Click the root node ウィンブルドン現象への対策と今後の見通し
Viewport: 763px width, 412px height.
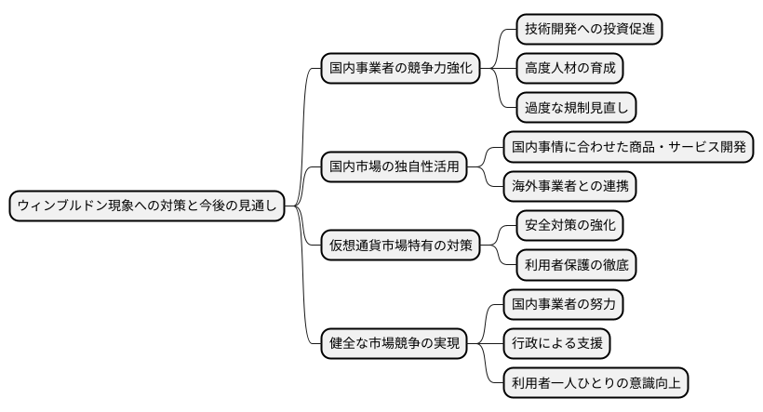point(147,206)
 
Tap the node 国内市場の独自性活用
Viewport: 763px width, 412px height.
point(395,168)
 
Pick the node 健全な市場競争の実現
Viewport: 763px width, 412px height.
point(395,342)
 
